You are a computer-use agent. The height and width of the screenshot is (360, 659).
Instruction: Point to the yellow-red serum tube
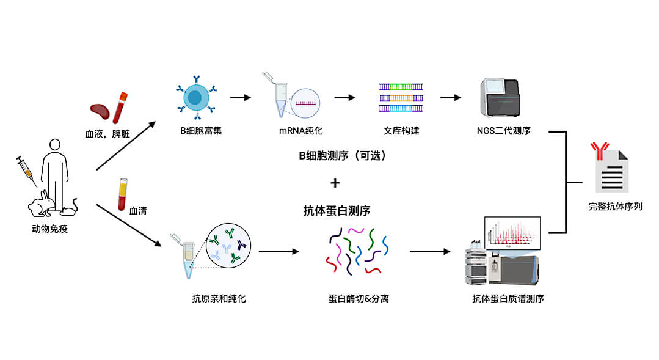coord(122,194)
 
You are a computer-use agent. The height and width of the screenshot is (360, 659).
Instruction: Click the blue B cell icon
coord(196,96)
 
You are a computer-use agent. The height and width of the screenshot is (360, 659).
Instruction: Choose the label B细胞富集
coord(195,130)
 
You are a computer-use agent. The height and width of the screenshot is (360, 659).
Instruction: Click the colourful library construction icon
coord(401,97)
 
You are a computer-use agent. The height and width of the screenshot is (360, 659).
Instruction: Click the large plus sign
coord(335,183)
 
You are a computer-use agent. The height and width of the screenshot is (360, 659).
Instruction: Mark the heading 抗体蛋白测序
coord(337,211)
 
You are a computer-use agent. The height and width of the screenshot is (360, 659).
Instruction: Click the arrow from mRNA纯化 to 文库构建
coord(344,97)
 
